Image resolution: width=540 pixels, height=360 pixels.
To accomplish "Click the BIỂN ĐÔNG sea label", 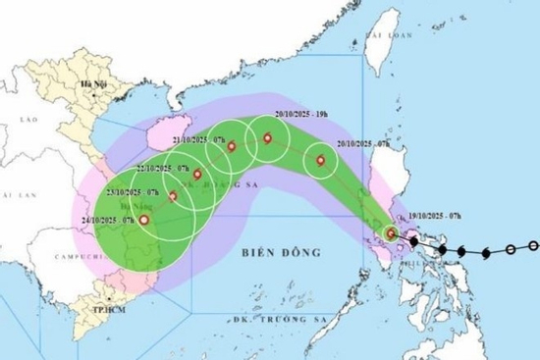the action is (x=281, y=252).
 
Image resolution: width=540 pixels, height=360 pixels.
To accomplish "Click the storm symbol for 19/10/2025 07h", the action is (x=393, y=233).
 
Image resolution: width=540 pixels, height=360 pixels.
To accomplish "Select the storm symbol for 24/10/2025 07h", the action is (x=145, y=221).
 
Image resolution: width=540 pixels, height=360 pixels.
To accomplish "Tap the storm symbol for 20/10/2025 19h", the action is (x=266, y=138).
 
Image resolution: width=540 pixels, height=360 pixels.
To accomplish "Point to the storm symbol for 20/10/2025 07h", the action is (x=319, y=159).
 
